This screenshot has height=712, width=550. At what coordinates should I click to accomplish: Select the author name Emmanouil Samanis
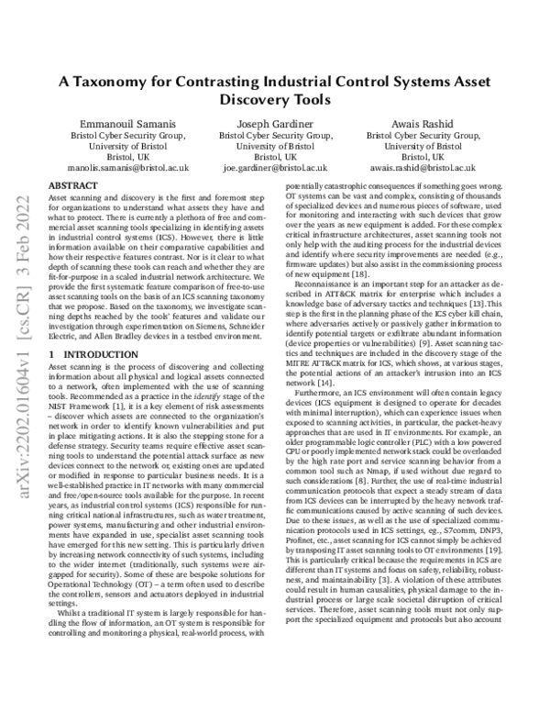point(113,122)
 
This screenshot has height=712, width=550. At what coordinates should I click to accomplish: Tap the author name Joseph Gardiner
point(274,122)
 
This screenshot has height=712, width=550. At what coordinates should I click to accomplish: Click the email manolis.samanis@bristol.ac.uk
point(113,170)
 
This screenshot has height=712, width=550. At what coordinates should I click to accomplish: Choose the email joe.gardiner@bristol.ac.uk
point(274,170)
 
